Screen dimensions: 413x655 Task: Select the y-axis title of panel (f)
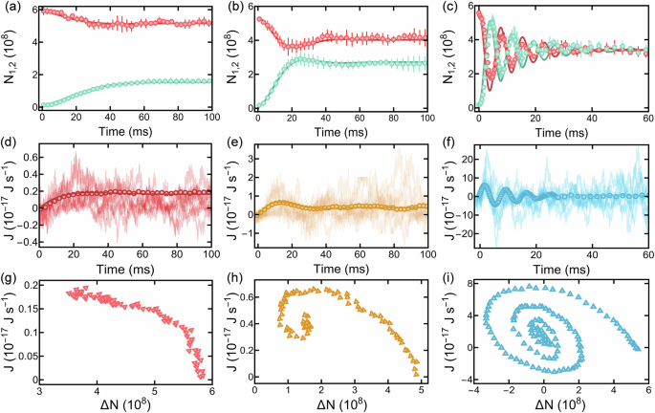pyautogui.click(x=451, y=202)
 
